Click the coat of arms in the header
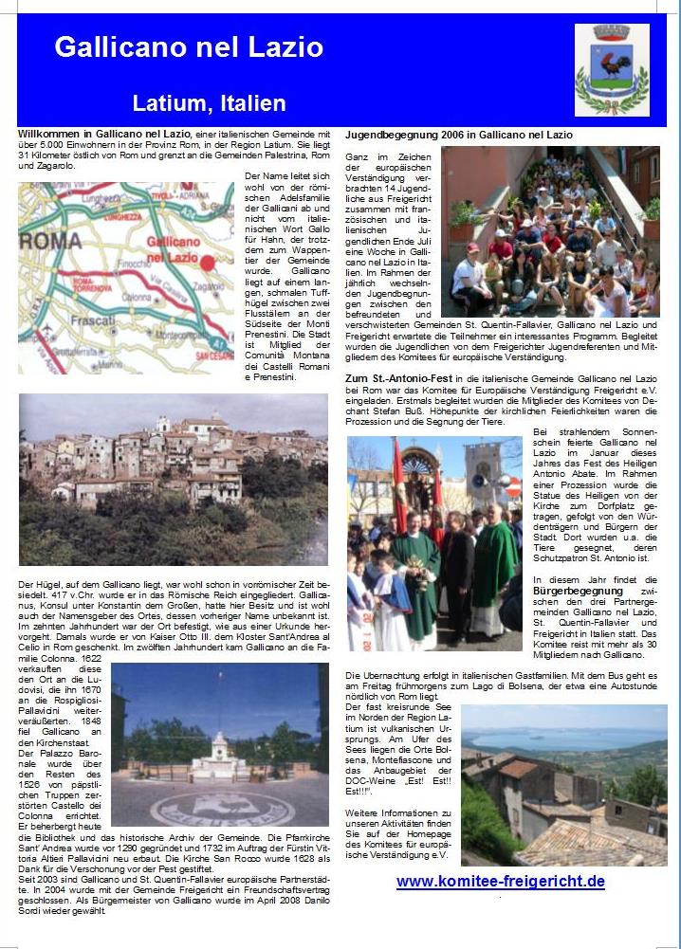pyautogui.click(x=612, y=70)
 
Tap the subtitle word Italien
pyautogui.click(x=248, y=102)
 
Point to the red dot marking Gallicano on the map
pyautogui.click(x=208, y=263)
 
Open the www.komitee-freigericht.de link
pyautogui.click(x=501, y=881)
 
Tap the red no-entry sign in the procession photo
pyautogui.click(x=514, y=488)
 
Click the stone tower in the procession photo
pyautogui.click(x=484, y=469)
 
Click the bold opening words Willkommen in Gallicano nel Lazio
pyautogui.click(x=104, y=136)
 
